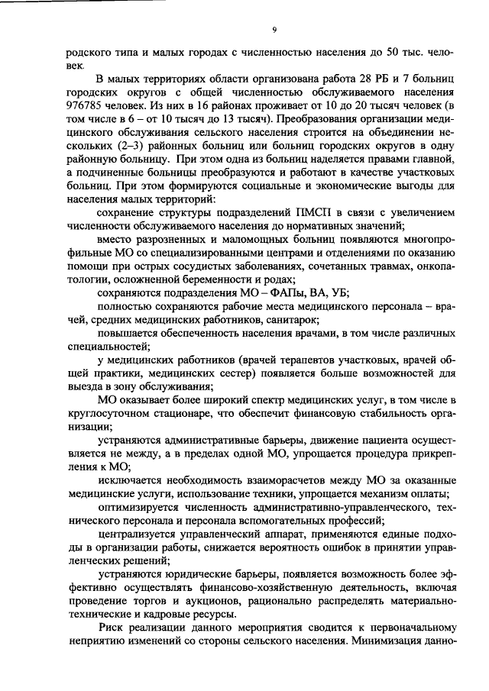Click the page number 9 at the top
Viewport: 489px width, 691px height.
point(273,30)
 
